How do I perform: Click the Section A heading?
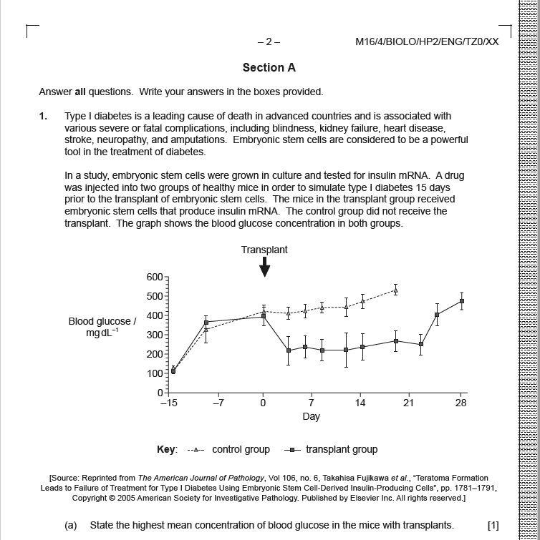[269, 68]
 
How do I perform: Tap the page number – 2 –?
[269, 41]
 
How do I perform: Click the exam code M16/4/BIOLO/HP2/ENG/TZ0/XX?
[427, 41]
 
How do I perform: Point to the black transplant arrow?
[264, 267]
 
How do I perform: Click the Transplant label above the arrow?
[264, 250]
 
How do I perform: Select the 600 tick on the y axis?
[155, 278]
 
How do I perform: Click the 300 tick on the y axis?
[155, 335]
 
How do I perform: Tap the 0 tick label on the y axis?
[160, 393]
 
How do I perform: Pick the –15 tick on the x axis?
[168, 403]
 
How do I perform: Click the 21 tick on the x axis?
[408, 403]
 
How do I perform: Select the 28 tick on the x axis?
[461, 403]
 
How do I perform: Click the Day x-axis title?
[311, 416]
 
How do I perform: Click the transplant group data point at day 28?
[461, 301]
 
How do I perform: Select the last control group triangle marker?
[395, 290]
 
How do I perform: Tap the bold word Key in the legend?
[166, 450]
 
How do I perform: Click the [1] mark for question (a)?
[493, 525]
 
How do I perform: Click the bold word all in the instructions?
[80, 92]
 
